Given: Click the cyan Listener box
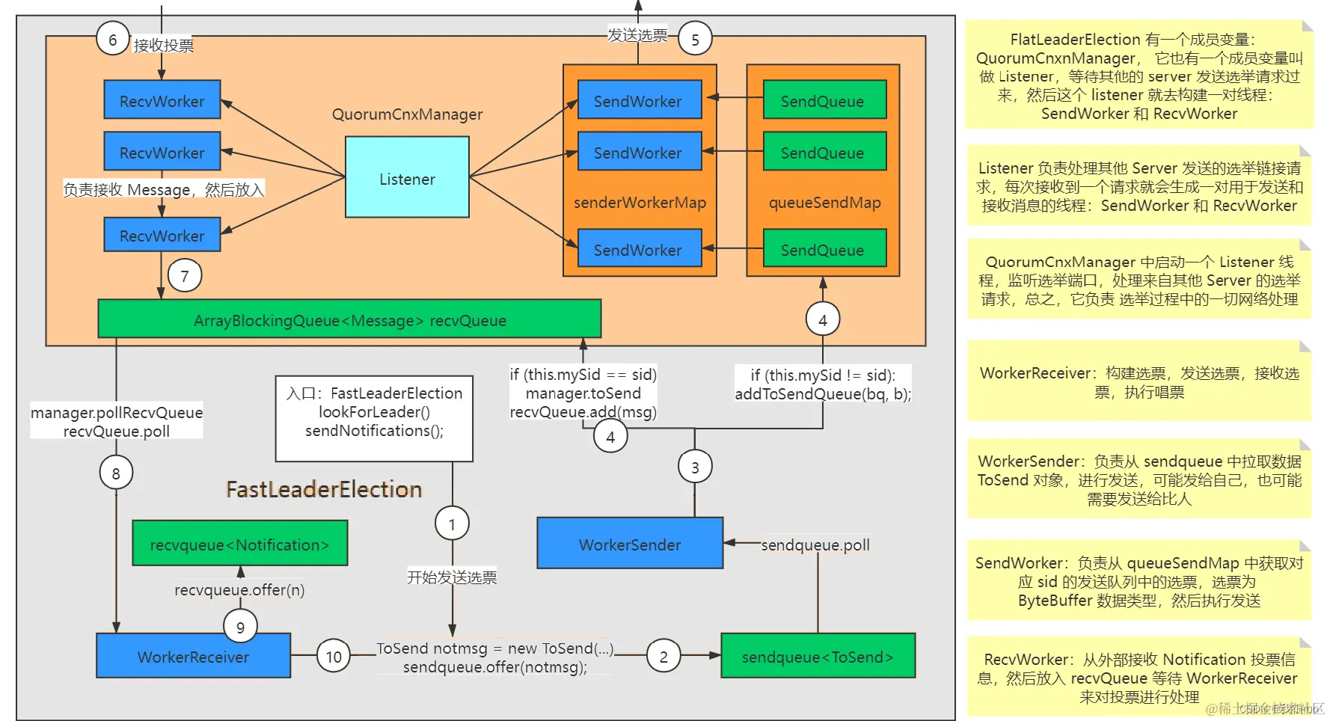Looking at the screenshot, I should click(x=407, y=177).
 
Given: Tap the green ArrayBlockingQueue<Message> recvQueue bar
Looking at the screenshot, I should click(x=349, y=319).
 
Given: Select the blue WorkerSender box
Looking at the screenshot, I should click(x=629, y=544).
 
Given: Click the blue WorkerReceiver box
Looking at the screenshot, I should click(x=193, y=656).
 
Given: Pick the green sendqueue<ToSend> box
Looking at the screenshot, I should click(x=817, y=656).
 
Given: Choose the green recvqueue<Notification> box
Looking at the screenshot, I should click(x=239, y=544).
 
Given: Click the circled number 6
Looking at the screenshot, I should click(x=113, y=39).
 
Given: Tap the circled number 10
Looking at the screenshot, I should click(x=333, y=656).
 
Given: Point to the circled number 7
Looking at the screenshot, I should click(x=185, y=275).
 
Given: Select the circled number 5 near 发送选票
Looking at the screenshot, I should click(x=695, y=39).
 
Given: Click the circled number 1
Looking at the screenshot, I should click(x=452, y=524).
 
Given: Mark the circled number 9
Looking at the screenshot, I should click(x=240, y=627).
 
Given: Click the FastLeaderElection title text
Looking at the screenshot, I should click(x=324, y=489).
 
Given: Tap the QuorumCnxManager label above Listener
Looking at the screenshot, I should click(x=407, y=114).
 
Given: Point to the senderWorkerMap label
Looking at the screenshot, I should click(x=640, y=203).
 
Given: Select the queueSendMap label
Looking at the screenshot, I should click(x=824, y=203).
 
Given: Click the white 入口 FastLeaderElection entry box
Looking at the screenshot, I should click(x=374, y=418).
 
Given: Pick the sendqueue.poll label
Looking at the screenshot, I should click(x=815, y=545).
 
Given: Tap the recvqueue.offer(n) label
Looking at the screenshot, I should click(x=239, y=590).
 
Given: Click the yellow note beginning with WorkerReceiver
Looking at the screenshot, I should click(x=1139, y=381).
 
